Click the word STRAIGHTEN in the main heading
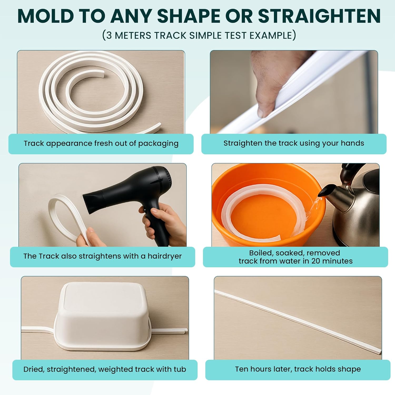(319, 16)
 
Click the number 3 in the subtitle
(109, 35)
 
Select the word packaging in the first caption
(158, 144)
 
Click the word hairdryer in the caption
(165, 256)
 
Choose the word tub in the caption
(180, 369)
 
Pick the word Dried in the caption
(34, 369)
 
